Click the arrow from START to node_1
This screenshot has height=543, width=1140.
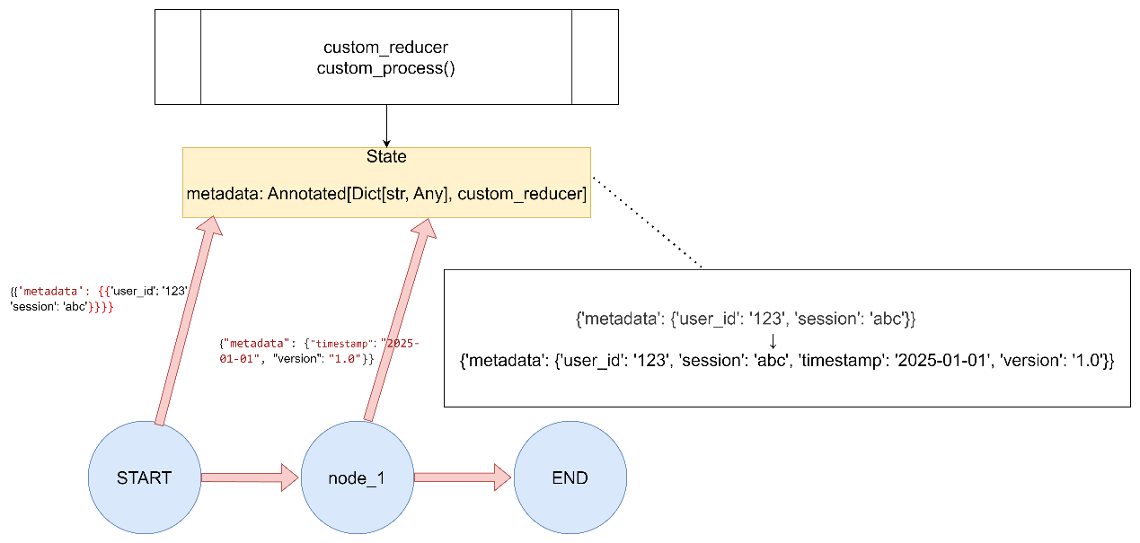250,477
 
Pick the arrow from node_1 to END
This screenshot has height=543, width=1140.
463,477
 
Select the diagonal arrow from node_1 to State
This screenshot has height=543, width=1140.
399,320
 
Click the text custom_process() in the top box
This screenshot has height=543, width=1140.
385,68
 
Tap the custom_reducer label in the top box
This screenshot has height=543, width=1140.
385,48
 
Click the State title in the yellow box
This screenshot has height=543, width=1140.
386,156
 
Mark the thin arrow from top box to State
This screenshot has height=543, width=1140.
387,126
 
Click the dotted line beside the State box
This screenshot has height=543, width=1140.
648,223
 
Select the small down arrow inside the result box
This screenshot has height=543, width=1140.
773,341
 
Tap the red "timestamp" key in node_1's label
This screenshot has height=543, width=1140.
341,344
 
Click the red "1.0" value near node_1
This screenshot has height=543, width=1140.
345,359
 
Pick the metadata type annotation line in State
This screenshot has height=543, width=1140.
386,194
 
